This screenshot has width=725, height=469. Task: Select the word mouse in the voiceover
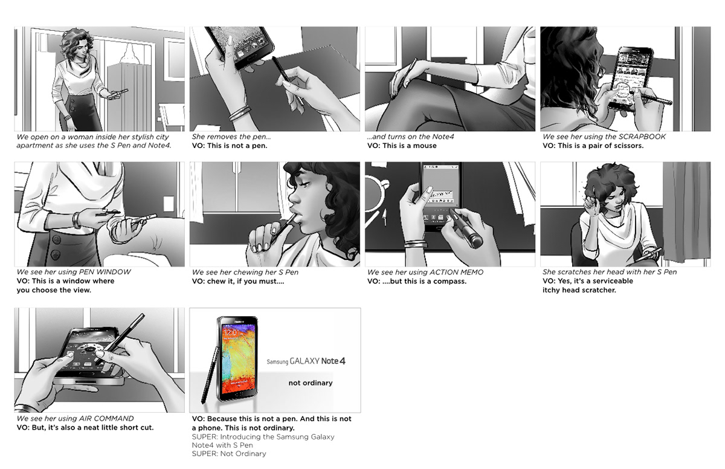click(424, 146)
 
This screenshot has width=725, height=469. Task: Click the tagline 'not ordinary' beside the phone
click(311, 383)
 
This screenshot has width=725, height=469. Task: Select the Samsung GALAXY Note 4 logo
click(306, 361)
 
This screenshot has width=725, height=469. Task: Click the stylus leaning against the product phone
click(210, 375)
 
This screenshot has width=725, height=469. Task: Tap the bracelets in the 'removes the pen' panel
click(240, 113)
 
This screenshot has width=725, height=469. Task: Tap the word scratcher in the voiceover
click(601, 290)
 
